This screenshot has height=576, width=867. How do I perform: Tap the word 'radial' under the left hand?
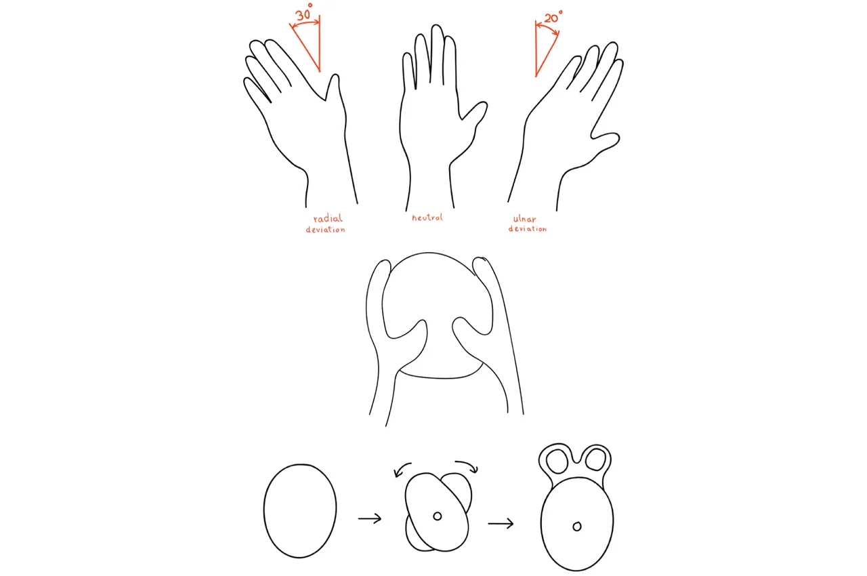[x=328, y=218]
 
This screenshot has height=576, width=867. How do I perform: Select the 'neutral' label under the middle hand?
[x=427, y=218]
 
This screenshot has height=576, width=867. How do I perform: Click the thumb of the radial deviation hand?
[x=333, y=88]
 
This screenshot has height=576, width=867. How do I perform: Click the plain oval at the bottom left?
[x=299, y=511]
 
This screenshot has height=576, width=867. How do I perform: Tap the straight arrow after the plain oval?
[x=369, y=519]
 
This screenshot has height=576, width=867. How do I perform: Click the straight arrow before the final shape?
[x=500, y=523]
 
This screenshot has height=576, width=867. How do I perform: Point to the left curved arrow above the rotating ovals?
[x=403, y=469]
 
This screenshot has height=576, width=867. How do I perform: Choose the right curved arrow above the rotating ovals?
[x=467, y=466]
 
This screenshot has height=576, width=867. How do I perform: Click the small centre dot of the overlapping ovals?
[x=438, y=516]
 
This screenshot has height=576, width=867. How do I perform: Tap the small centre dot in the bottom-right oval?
[x=577, y=526]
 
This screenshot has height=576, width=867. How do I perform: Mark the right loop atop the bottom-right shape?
[x=595, y=459]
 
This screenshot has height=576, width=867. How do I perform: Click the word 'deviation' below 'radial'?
[x=325, y=230]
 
